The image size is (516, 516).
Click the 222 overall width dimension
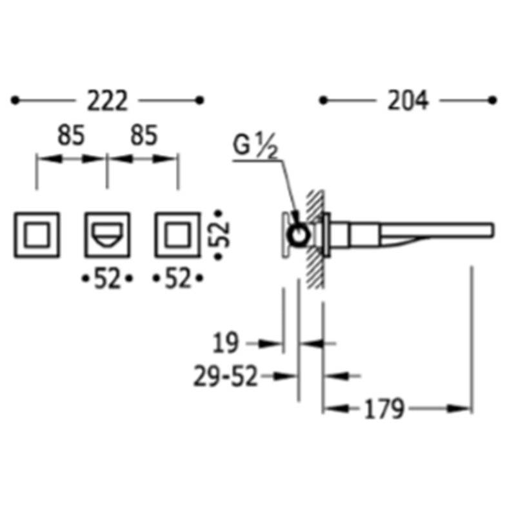coord(107,101)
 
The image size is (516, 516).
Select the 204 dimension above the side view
coord(408,100)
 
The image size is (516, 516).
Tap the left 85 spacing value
coord(71,135)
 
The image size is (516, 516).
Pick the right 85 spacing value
coord(144,135)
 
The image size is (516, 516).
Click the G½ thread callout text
coord(255,146)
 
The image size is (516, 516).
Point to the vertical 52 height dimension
coord(219,235)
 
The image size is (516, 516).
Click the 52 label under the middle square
coord(107,279)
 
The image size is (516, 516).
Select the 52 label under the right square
coord(178,279)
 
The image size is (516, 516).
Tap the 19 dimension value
coord(225,343)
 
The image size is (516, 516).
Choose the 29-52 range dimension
coord(225,376)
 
